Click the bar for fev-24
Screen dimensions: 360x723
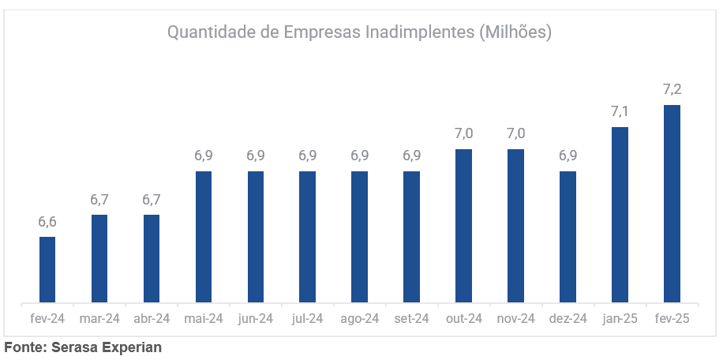47,269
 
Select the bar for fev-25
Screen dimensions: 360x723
672,204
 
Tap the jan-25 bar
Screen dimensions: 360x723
620,215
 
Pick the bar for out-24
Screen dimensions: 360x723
464,226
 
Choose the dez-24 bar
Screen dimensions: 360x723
568,237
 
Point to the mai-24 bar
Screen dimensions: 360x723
204,237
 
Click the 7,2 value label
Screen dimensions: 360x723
672,89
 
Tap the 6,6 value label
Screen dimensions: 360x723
47,221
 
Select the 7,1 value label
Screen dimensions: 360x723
620,111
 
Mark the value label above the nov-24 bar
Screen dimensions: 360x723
516,133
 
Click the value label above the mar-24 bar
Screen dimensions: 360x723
99,199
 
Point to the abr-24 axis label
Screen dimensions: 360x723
152,319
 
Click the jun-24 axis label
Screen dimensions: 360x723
256,319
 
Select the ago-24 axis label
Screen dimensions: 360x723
360,319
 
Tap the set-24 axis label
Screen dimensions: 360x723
412,319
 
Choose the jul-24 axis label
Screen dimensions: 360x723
308,319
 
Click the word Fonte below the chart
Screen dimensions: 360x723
26,347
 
